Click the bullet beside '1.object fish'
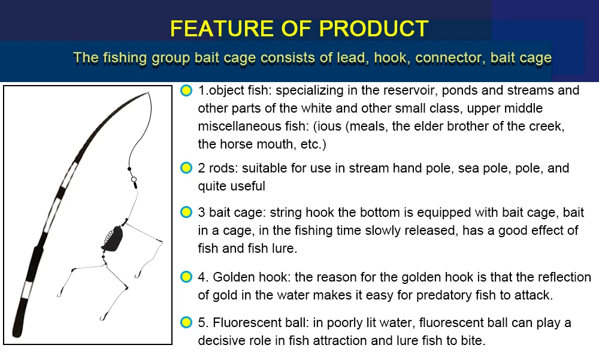[x=186, y=90]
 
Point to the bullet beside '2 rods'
[x=186, y=168]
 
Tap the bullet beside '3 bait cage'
[x=186, y=212]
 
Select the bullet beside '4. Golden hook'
[x=186, y=277]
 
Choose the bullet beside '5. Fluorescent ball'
[x=186, y=322]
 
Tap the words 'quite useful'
[x=231, y=186]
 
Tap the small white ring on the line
[x=134, y=179]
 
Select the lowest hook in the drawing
[x=102, y=317]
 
